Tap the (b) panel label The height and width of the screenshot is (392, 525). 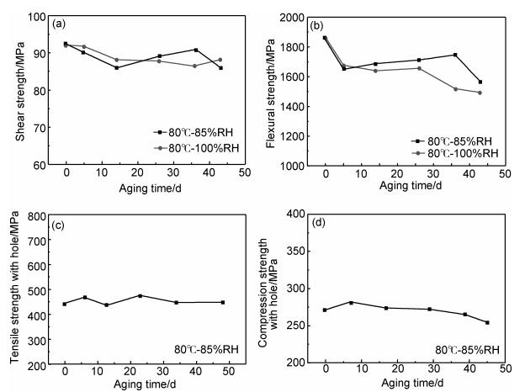click(317, 24)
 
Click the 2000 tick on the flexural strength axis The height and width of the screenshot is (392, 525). click(292, 17)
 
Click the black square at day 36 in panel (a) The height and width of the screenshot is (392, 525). click(195, 50)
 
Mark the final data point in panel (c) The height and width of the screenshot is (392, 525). click(223, 302)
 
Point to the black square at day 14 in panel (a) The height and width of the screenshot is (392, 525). click(116, 67)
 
